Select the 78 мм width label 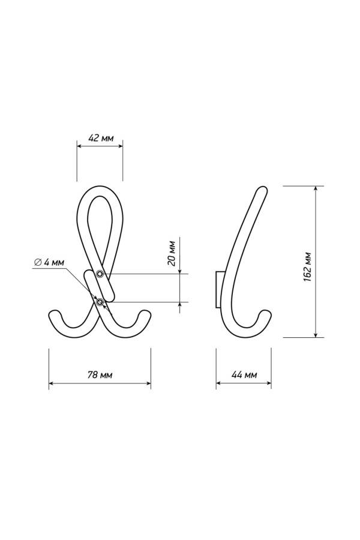tap(100, 374)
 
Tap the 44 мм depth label tap(244, 374)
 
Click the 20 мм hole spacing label tap(172, 253)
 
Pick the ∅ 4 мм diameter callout tap(49, 262)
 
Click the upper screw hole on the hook tap(100, 274)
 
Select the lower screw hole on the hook tap(100, 302)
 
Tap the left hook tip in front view tap(54, 314)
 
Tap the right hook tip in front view tap(145, 314)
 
